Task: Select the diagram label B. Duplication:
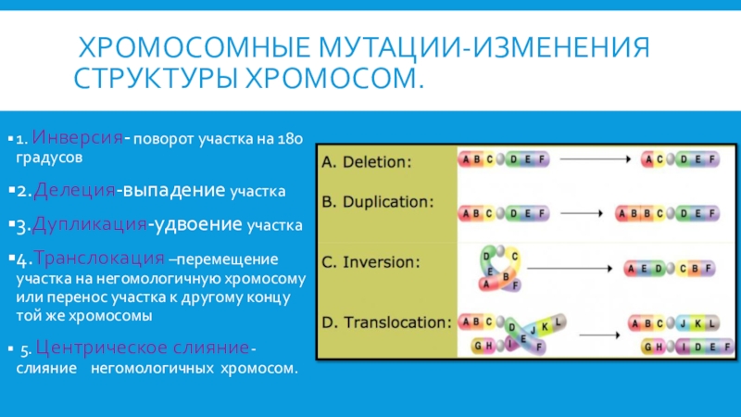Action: click(x=378, y=200)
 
